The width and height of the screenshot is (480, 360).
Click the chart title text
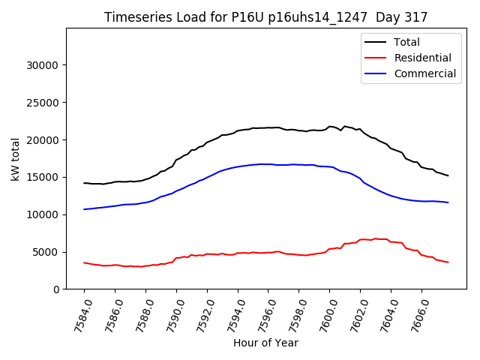(x=265, y=17)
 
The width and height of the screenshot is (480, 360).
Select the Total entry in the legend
(x=406, y=42)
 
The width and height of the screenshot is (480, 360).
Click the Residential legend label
(x=422, y=58)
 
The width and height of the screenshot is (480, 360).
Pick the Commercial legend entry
(x=424, y=73)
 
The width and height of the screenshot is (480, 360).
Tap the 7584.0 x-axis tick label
(x=78, y=314)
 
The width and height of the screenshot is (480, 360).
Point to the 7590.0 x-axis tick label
(x=170, y=314)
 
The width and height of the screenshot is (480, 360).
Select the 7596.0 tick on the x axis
(x=262, y=314)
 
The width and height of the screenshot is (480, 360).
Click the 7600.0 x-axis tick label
(x=324, y=314)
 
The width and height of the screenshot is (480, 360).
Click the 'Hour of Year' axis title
(x=265, y=343)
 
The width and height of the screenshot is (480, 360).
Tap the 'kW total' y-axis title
(x=16, y=158)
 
